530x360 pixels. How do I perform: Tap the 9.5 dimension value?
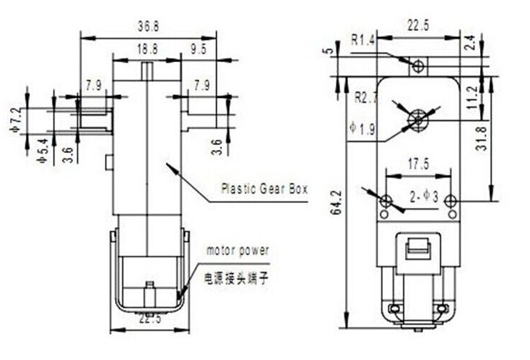(x=199, y=49)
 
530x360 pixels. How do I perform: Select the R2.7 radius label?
(x=366, y=96)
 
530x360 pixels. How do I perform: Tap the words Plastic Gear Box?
(x=264, y=189)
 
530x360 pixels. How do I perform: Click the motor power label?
(x=238, y=251)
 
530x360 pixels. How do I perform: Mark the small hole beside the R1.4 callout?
(x=418, y=66)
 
